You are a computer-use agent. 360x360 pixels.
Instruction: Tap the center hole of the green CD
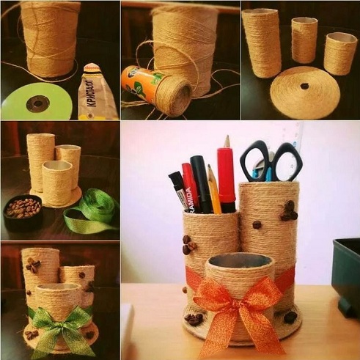(37, 102)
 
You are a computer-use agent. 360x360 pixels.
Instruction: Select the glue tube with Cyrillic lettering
(97, 92)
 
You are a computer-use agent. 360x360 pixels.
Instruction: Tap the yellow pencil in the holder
(213, 190)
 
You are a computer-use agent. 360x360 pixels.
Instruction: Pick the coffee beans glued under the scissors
(288, 211)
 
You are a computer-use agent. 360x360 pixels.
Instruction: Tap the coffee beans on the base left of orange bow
(194, 318)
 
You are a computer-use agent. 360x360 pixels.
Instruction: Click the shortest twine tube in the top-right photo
(340, 53)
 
